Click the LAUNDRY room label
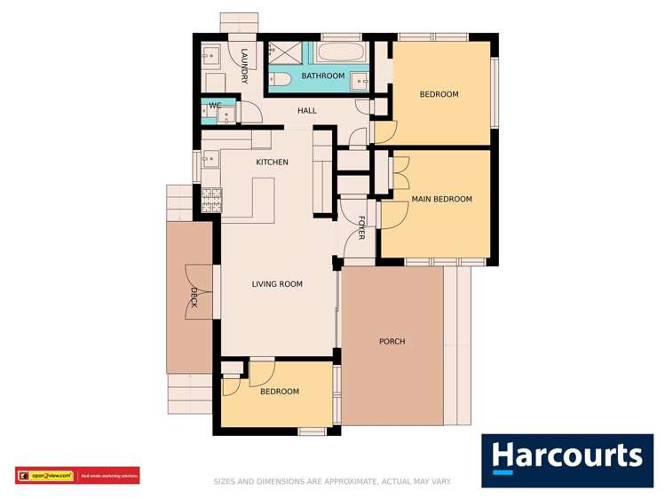click(x=244, y=67)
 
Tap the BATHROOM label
click(x=322, y=76)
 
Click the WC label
click(x=214, y=106)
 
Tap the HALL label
click(x=307, y=111)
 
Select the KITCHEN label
click(x=272, y=162)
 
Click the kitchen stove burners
click(x=210, y=201)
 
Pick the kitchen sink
click(x=210, y=161)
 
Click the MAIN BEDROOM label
click(x=441, y=200)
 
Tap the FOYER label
click(x=362, y=228)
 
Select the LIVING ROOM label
click(x=277, y=284)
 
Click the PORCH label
click(x=392, y=342)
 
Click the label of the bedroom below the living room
click(x=279, y=392)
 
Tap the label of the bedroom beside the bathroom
click(x=439, y=94)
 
